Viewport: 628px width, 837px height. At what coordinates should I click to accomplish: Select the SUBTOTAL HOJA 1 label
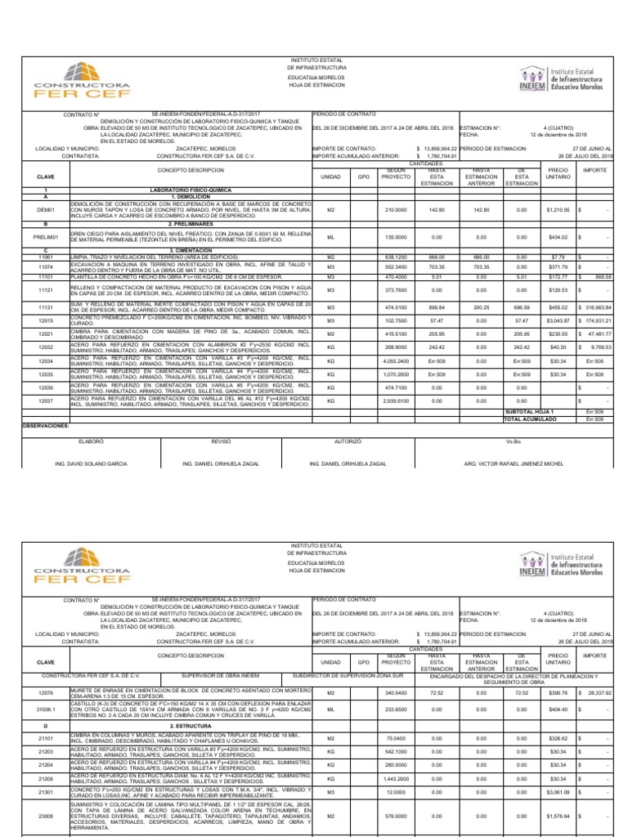(530, 411)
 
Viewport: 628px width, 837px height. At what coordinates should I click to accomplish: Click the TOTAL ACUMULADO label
(530, 418)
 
